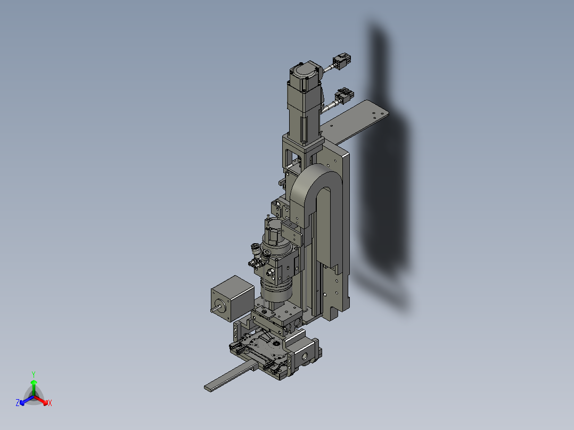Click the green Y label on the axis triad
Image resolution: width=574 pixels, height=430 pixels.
33,374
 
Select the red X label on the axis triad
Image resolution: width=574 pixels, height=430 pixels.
50,403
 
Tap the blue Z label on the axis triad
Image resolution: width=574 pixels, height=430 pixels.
18,403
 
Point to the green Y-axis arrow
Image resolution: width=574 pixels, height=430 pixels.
33,385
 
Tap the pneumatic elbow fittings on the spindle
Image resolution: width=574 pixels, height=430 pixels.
257,256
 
